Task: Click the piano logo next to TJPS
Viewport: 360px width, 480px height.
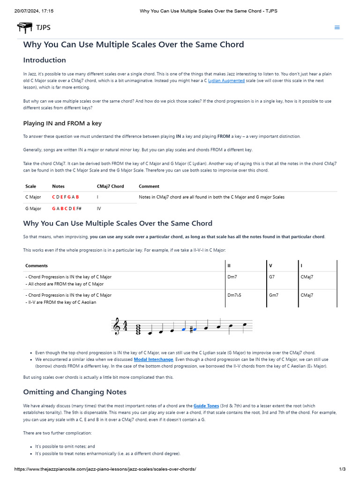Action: [25, 28]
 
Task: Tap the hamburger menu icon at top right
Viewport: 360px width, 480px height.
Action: [337, 28]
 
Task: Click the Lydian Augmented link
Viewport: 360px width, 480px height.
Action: [226, 81]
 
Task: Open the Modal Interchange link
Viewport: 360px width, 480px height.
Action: [153, 360]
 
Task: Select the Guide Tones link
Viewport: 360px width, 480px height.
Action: [206, 405]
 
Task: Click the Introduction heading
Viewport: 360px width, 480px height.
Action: [45, 60]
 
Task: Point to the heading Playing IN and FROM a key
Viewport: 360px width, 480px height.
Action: [62, 123]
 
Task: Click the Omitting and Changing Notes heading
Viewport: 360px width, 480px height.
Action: [75, 392]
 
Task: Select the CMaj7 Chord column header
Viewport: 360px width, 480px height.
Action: [110, 186]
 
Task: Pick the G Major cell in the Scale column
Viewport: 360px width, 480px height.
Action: [33, 209]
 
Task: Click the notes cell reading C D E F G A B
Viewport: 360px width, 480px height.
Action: [65, 197]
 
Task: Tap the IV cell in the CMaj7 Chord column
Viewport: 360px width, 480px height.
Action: [99, 209]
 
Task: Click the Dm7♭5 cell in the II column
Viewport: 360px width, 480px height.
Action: [234, 295]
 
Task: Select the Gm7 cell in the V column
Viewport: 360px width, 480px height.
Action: [274, 295]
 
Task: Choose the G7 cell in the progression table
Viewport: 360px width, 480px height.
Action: [272, 277]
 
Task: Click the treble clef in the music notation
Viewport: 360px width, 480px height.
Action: [116, 327]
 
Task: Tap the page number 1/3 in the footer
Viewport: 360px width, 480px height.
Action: [342, 469]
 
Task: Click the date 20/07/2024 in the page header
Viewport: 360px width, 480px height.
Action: [27, 11]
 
